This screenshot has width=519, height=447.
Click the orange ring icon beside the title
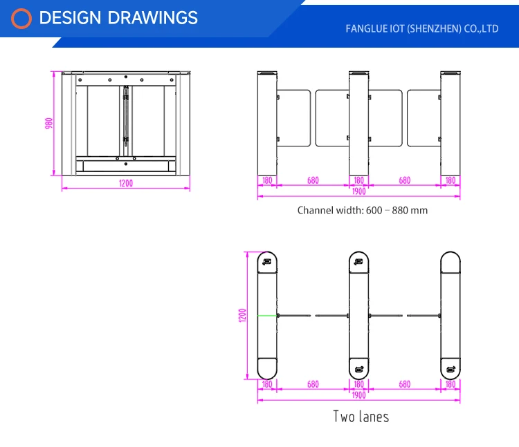(x=22, y=19)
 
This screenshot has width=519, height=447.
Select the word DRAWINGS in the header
(x=150, y=18)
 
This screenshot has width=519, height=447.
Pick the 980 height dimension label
(x=49, y=123)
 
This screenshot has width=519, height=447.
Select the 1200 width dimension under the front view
(x=125, y=184)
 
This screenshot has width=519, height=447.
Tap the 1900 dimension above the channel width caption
(x=358, y=192)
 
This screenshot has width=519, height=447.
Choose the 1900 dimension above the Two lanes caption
(x=358, y=395)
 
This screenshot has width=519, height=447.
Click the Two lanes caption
(x=361, y=417)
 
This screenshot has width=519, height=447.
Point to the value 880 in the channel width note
(x=401, y=210)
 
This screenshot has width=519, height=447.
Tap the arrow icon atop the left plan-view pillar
(x=267, y=261)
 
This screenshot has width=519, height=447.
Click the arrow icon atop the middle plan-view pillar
(x=358, y=261)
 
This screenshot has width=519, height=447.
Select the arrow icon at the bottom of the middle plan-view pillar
(x=358, y=368)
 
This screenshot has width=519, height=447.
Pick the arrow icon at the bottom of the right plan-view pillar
(x=451, y=368)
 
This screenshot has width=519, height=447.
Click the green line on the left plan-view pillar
(x=267, y=316)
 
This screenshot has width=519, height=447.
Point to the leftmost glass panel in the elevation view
(x=293, y=118)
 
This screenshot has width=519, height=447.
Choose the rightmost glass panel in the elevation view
(x=424, y=118)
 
